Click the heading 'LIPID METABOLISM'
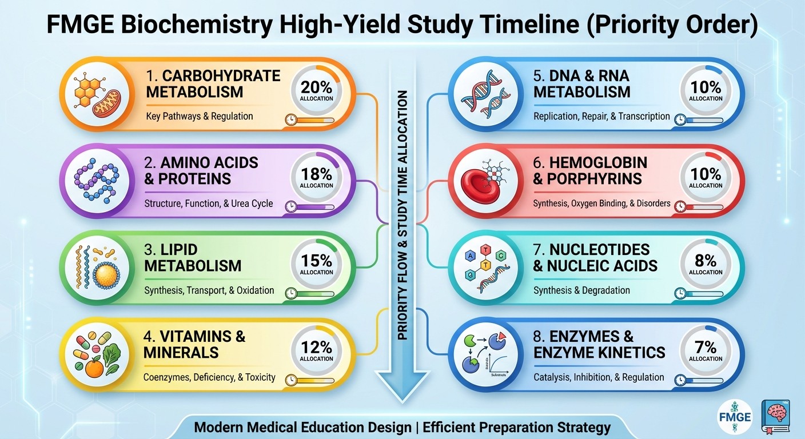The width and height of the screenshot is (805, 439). point(193,258)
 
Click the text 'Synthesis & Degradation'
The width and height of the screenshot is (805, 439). point(581,290)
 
